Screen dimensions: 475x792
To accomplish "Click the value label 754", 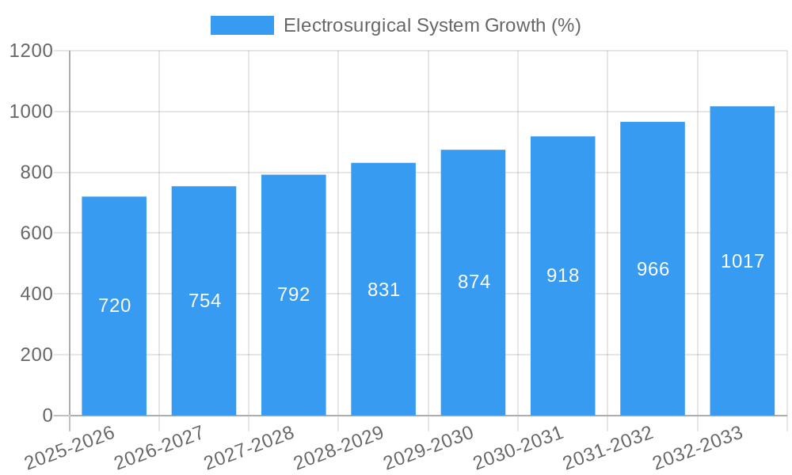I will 204,301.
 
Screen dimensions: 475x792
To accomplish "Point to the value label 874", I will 474,281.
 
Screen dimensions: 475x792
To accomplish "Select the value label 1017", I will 742,261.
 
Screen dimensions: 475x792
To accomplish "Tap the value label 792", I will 294,294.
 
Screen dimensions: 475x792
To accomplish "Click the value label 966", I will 653,269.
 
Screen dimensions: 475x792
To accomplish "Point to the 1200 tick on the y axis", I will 31,51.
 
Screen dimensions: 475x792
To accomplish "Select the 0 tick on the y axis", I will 47,416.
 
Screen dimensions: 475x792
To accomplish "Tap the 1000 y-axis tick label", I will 31,112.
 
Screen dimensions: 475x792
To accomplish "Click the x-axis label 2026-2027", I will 159,448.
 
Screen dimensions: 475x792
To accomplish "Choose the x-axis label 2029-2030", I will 428,448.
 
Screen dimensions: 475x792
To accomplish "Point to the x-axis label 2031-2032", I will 608,448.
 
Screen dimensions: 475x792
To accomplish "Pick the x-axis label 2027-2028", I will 249,448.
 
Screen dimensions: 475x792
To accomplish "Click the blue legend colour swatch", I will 242,25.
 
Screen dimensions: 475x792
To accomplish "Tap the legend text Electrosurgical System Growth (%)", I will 432,25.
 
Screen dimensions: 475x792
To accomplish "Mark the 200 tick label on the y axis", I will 36,355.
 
